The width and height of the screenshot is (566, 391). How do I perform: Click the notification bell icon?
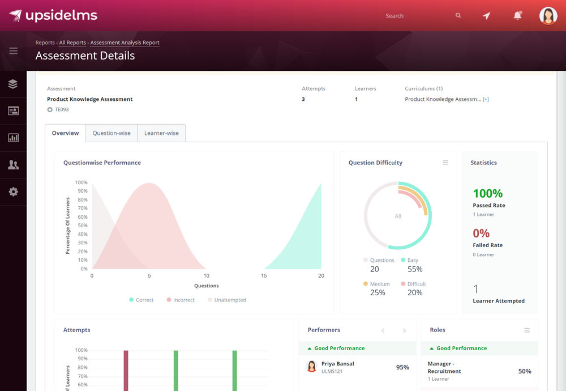(x=517, y=16)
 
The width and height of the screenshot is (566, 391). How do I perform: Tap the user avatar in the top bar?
(x=548, y=16)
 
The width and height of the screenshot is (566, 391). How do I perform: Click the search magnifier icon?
(x=458, y=16)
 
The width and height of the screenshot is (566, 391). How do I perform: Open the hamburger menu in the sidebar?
(x=14, y=51)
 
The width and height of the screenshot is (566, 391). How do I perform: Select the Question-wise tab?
(x=112, y=133)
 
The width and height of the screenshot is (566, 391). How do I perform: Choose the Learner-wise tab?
(x=161, y=133)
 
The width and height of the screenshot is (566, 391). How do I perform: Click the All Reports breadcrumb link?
(x=72, y=42)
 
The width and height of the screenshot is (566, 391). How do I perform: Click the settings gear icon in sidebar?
(x=14, y=192)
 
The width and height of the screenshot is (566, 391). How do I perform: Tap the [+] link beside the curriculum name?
(x=486, y=100)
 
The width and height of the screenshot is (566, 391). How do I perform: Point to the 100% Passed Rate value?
(x=488, y=194)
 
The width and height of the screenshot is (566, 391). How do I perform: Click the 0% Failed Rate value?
(x=481, y=233)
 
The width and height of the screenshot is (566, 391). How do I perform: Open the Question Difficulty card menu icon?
(x=445, y=163)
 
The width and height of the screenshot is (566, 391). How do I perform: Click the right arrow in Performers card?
(x=404, y=330)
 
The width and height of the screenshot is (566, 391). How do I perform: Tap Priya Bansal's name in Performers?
(x=337, y=364)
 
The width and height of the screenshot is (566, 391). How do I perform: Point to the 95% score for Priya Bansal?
(x=402, y=367)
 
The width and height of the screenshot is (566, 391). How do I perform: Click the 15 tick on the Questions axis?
(x=264, y=276)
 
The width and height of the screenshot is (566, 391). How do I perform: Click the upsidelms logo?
(x=53, y=15)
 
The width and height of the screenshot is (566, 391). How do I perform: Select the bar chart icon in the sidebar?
(x=14, y=138)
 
